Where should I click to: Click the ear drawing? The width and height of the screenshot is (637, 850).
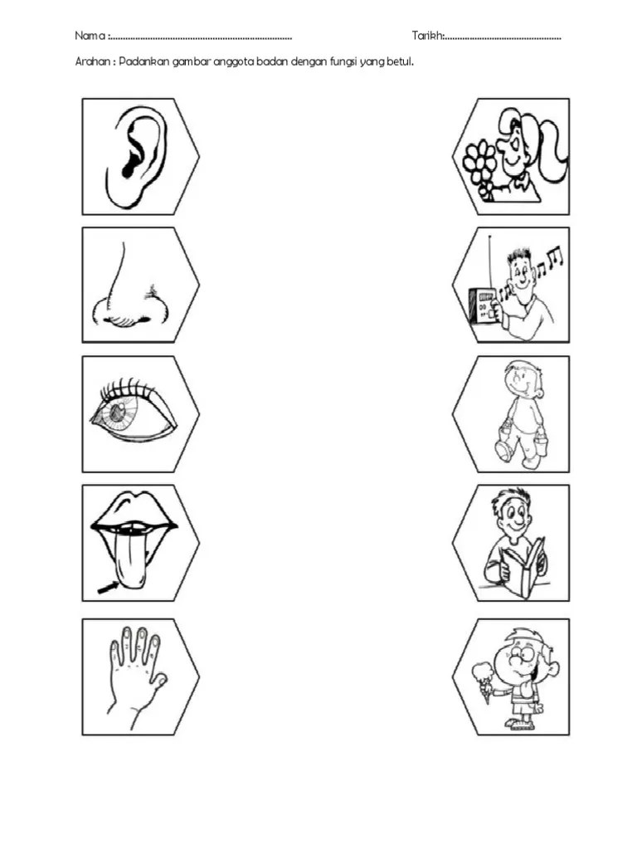(134, 156)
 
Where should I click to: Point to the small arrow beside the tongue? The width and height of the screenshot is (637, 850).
(109, 588)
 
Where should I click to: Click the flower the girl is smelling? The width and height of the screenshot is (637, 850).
(479, 161)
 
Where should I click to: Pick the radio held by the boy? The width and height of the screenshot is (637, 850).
(482, 306)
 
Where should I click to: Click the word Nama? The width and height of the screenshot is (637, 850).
(90, 36)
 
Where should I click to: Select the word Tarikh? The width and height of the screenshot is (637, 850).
(428, 36)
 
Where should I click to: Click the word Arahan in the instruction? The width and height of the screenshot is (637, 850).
(93, 61)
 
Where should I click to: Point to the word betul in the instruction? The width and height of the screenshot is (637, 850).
(400, 61)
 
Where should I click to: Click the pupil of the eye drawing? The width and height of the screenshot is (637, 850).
(116, 413)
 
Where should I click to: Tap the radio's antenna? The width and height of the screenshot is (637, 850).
(489, 262)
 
